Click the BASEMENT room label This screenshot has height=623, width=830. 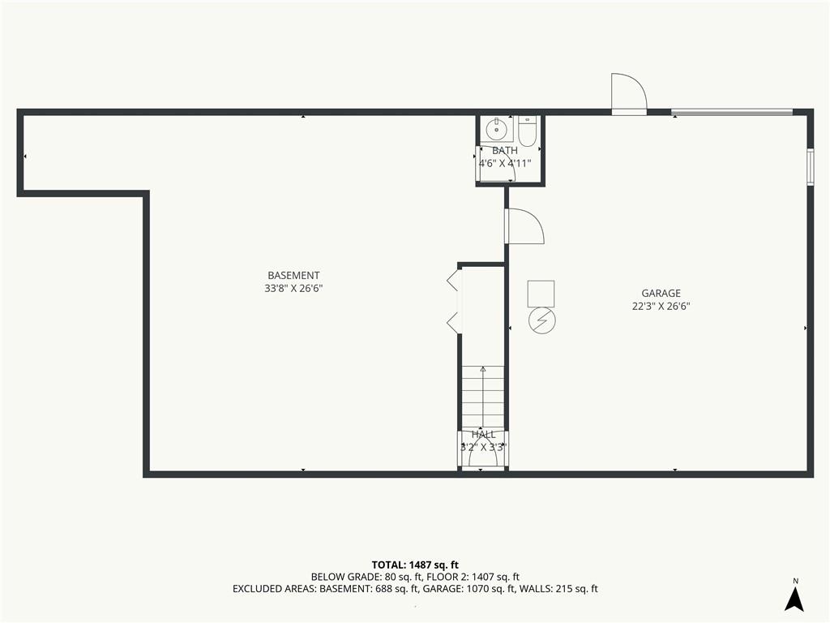(x=293, y=276)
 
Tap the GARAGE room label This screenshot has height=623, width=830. (x=661, y=293)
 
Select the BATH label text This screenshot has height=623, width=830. (x=504, y=150)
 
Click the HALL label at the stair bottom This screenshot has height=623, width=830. (x=483, y=435)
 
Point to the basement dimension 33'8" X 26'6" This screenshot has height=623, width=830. (x=293, y=289)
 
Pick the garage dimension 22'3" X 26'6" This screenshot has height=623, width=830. (x=661, y=306)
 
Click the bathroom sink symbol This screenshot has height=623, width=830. (x=497, y=127)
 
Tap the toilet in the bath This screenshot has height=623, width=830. (x=527, y=131)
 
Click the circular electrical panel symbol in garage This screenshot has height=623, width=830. (x=542, y=320)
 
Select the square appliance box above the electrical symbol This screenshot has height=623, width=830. (x=541, y=294)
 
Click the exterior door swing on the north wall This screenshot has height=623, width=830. (x=629, y=94)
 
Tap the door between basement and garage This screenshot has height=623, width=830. (x=524, y=226)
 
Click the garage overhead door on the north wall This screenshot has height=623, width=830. (x=732, y=112)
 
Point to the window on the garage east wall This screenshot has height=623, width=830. (x=810, y=167)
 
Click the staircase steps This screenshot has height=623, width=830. (x=483, y=397)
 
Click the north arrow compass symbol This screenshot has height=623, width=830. (x=794, y=595)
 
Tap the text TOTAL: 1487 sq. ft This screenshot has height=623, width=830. (x=415, y=565)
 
